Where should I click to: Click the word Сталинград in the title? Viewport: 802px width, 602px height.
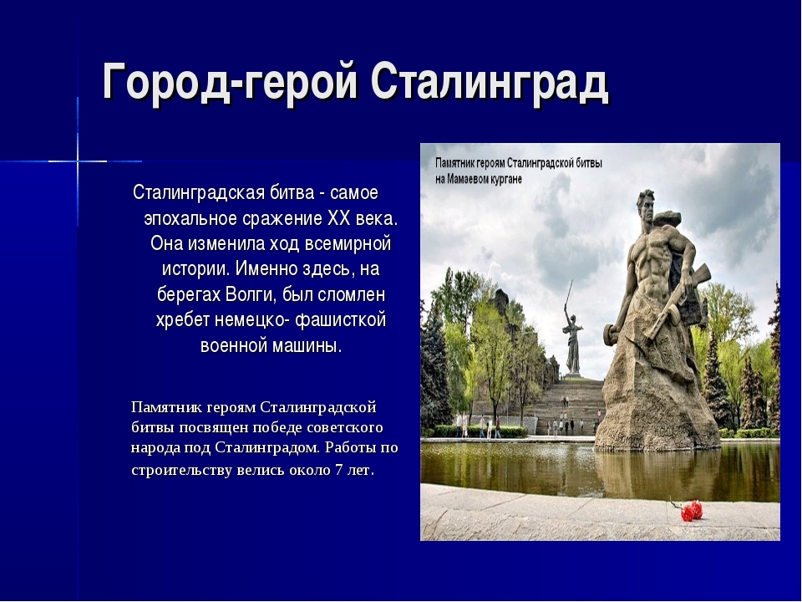click(490, 82)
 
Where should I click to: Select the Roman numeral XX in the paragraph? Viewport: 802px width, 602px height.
click(339, 218)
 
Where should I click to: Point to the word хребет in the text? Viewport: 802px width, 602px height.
click(183, 320)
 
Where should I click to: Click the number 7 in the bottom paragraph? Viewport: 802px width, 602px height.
click(338, 470)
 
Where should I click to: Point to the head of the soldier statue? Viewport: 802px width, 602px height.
click(646, 205)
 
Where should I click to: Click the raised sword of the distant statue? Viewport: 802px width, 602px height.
click(568, 293)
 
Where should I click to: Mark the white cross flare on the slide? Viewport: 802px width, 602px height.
click(78, 161)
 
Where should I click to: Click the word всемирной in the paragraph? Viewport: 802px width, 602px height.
click(348, 243)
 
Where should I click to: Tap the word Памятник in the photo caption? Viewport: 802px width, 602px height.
click(454, 163)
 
